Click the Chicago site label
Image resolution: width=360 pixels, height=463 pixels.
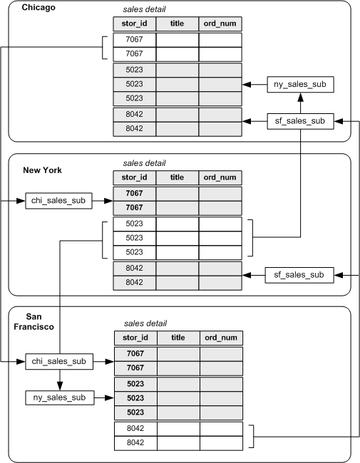click(x=39, y=8)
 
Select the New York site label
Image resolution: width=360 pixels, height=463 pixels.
click(x=42, y=170)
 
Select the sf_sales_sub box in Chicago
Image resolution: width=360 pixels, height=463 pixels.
click(x=300, y=121)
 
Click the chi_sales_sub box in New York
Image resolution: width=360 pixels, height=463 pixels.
click(x=60, y=201)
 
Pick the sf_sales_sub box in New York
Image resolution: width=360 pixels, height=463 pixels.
click(x=299, y=274)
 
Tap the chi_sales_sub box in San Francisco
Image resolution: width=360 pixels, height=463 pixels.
click(x=60, y=362)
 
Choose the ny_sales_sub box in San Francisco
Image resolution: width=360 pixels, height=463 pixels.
click(x=60, y=397)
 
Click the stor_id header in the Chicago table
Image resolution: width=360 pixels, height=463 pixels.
click(x=134, y=24)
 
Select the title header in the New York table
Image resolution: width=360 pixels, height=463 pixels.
click(x=177, y=177)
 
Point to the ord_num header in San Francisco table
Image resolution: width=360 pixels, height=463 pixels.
click(x=221, y=337)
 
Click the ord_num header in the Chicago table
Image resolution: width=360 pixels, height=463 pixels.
click(x=220, y=24)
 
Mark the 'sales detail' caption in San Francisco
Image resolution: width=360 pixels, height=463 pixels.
click(x=145, y=323)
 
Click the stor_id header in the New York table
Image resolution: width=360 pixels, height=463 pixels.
click(x=134, y=177)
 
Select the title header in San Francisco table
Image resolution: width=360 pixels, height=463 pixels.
click(x=178, y=337)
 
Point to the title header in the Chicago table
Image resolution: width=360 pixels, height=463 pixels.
click(x=177, y=24)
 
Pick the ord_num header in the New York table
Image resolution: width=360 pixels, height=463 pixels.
click(x=220, y=177)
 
